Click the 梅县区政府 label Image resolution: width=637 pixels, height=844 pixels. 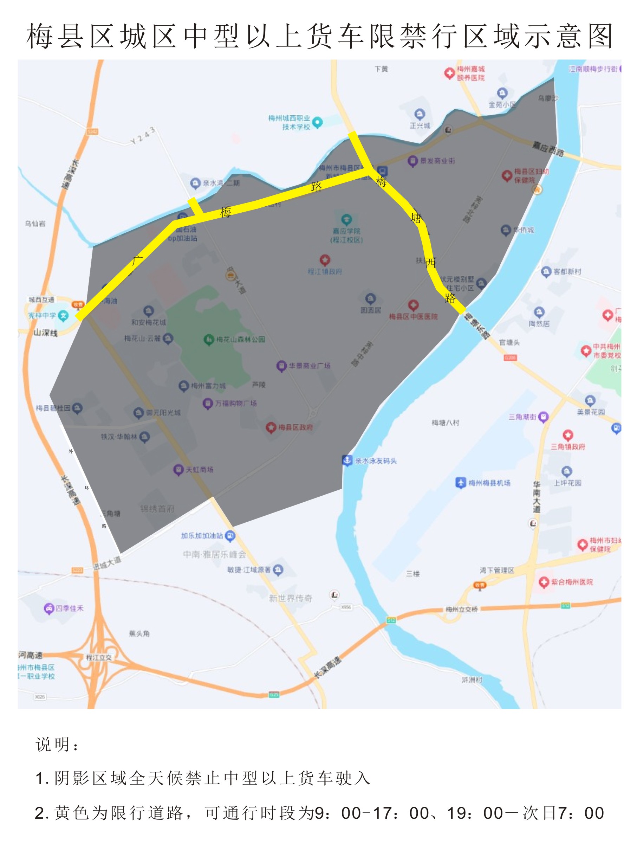pos(295,427)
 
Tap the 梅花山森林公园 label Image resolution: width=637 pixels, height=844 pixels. pos(240,339)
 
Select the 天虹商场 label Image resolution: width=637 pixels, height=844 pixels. pos(199,469)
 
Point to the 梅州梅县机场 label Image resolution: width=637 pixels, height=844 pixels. pos(489,483)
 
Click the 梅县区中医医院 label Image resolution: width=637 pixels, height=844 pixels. pos(413,316)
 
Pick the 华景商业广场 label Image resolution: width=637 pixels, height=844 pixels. pos(309,366)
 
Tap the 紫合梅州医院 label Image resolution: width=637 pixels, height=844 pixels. pos(572,582)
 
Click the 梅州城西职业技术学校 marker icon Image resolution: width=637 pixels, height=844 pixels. pos(317,122)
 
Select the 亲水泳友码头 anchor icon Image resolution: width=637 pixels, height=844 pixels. pos(347,460)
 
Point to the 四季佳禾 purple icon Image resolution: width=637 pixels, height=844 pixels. pos(49,608)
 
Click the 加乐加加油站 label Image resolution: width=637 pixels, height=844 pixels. pos(202,536)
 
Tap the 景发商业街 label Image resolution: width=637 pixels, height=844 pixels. pos(437,161)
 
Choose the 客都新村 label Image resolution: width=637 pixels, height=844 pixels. pos(567,271)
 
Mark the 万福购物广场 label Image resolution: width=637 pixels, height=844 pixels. pos(236,403)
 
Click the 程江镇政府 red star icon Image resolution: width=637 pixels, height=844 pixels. pos(325,260)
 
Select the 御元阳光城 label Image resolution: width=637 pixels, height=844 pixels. pos(163,412)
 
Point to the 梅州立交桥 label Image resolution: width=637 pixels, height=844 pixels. pos(462,609)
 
